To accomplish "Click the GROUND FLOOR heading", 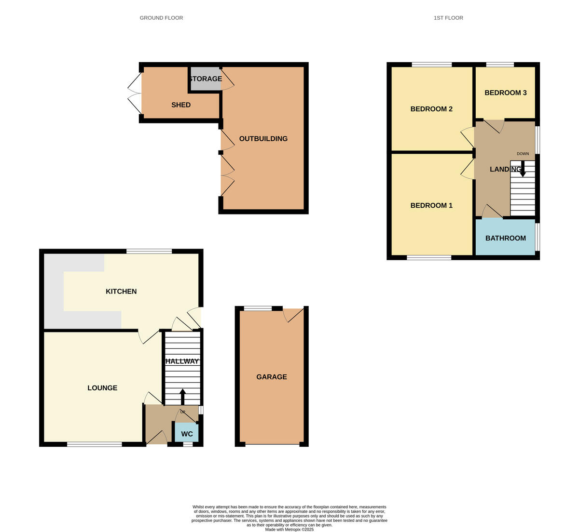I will click(x=161, y=18).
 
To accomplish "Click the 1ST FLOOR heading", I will click(x=448, y=18).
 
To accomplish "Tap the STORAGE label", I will click(x=206, y=79).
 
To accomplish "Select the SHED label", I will click(x=181, y=105).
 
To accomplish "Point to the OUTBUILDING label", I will click(x=263, y=139).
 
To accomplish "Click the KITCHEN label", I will click(x=121, y=292).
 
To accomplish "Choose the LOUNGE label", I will click(x=102, y=388).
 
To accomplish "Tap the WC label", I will click(x=187, y=434).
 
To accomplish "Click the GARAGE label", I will click(x=272, y=377).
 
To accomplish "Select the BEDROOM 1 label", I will click(x=431, y=206).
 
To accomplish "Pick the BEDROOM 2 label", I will click(x=431, y=109).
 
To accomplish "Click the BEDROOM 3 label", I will click(x=506, y=93).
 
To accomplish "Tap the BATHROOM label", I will click(x=506, y=238).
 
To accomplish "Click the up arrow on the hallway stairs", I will click(x=182, y=397).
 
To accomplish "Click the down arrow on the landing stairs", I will click(x=523, y=169).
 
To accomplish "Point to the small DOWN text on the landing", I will click(x=523, y=154).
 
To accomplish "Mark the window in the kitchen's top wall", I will click(x=149, y=251).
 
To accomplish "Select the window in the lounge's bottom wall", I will click(x=95, y=444).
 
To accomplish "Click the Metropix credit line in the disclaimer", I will click(x=289, y=529).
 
